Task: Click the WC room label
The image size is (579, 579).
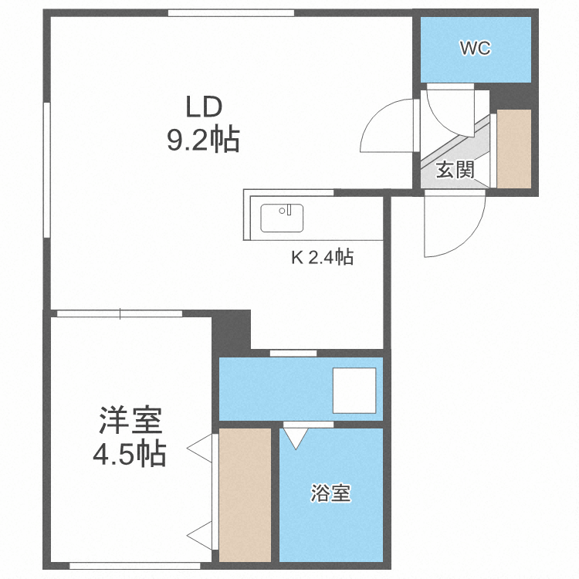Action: [475, 49]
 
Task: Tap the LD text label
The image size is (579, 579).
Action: [202, 106]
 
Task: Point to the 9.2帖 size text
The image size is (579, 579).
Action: [202, 141]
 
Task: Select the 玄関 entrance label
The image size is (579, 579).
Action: [455, 171]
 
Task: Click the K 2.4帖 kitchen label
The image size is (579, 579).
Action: [322, 258]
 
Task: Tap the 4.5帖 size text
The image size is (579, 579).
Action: [130, 455]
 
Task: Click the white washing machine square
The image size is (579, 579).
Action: [354, 391]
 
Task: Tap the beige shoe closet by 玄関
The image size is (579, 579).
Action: [514, 148]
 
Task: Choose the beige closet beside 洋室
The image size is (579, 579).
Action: [245, 494]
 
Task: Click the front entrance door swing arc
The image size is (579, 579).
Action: [455, 228]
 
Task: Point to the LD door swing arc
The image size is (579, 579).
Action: [386, 127]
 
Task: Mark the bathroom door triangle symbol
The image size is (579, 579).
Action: [296, 438]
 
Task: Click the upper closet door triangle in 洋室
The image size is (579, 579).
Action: [200, 447]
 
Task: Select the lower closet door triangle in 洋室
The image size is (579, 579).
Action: [200, 533]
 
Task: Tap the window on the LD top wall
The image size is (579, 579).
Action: [232, 12]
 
